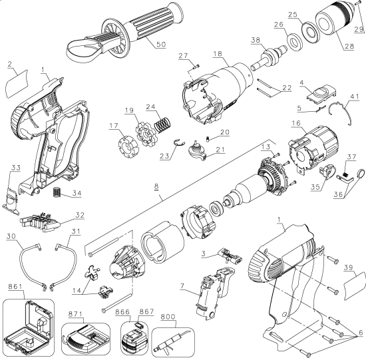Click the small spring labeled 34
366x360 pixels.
pyautogui.click(x=58, y=194)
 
